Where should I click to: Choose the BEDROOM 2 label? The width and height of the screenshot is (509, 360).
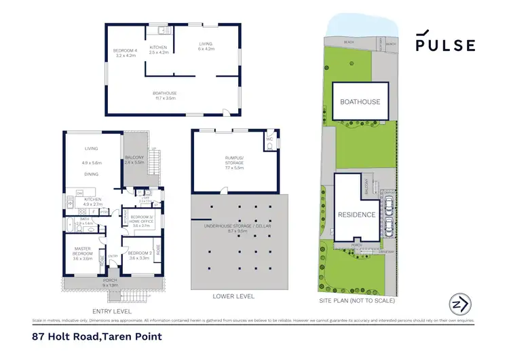point(138,255)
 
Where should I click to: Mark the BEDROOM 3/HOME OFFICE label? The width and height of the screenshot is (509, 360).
point(140,221)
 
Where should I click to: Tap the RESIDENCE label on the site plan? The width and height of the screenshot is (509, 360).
point(356,214)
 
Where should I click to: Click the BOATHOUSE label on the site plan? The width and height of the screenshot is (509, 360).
point(360,102)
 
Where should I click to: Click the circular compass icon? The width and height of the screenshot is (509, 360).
point(459,304)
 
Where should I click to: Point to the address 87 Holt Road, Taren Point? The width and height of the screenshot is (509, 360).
point(96,336)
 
